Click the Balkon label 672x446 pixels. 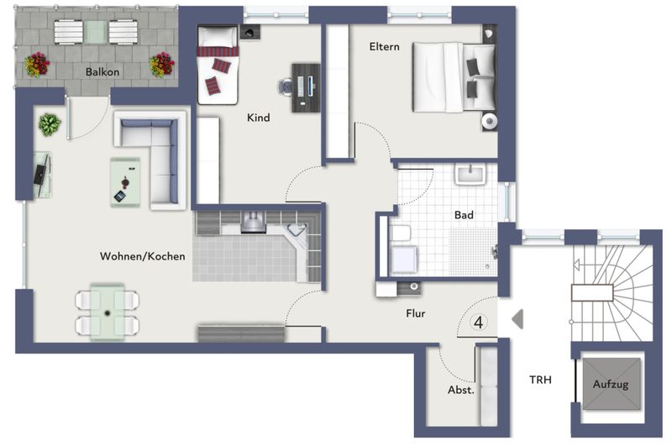pyautogui.click(x=102, y=71)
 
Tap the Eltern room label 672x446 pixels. pyautogui.click(x=384, y=47)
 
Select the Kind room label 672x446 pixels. pyautogui.click(x=259, y=118)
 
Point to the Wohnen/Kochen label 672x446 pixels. pyautogui.click(x=143, y=256)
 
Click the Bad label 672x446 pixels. pyautogui.click(x=464, y=215)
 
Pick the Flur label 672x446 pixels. pyautogui.click(x=415, y=313)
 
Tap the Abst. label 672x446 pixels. pyautogui.click(x=460, y=390)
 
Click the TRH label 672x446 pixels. pyautogui.click(x=540, y=380)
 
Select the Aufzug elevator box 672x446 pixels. pyautogui.click(x=611, y=384)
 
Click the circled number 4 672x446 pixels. pyautogui.click(x=479, y=323)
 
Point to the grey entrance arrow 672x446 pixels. pyautogui.click(x=517, y=319)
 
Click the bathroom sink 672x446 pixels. pyautogui.click(x=470, y=175)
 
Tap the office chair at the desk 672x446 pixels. pyautogui.click(x=285, y=86)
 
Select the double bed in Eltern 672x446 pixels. pyautogui.click(x=454, y=77)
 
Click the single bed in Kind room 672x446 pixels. pyautogui.click(x=218, y=65)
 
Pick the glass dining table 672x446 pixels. pyautogui.click(x=108, y=312)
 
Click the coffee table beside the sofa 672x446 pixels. pyautogui.click(x=125, y=182)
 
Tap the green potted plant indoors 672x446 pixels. pyautogui.click(x=50, y=124)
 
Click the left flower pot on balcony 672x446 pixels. pyautogui.click(x=37, y=65)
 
